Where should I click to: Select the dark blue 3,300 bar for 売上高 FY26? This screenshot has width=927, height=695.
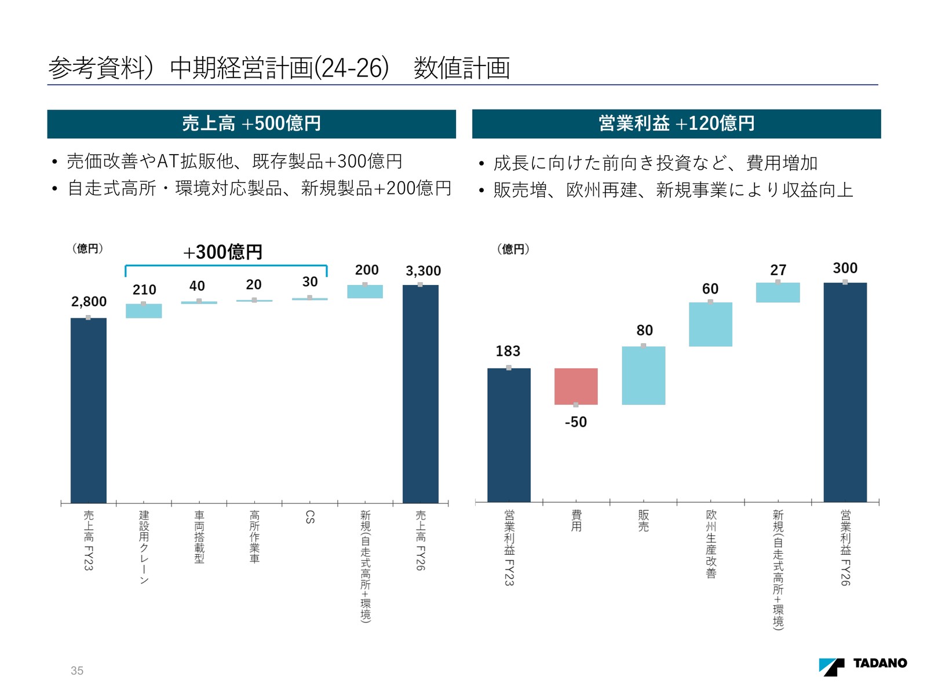(x=421, y=394)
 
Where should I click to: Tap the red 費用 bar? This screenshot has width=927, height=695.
(x=576, y=386)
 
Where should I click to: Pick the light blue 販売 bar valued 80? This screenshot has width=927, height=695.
(x=643, y=375)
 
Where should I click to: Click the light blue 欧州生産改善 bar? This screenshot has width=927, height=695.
(x=710, y=324)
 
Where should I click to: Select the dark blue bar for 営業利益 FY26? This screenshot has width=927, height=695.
(x=845, y=392)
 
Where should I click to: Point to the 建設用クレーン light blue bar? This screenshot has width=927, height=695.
(x=144, y=311)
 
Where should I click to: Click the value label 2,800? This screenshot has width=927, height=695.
(x=89, y=302)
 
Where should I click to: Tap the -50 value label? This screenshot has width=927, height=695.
(x=576, y=422)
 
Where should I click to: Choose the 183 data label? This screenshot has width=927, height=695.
(x=508, y=351)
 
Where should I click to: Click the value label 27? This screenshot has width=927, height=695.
(x=778, y=270)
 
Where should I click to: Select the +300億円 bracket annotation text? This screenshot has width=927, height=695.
(x=223, y=253)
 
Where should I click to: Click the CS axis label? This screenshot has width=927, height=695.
(x=310, y=517)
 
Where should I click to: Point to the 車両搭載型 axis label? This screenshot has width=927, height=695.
(x=199, y=536)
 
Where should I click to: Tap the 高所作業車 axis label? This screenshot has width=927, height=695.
(x=254, y=536)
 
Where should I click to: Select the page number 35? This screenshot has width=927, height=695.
(x=77, y=671)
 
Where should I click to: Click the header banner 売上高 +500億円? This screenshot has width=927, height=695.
(x=251, y=124)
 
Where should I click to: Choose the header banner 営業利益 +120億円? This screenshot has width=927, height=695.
(x=676, y=124)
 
